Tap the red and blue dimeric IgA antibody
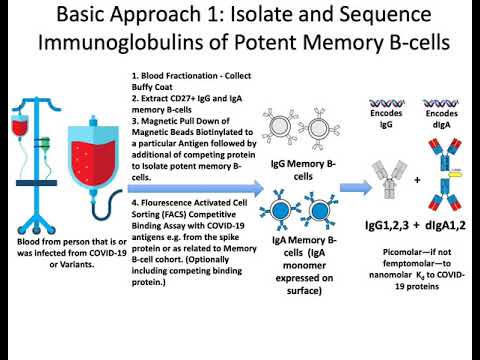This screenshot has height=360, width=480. coord(447,175)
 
